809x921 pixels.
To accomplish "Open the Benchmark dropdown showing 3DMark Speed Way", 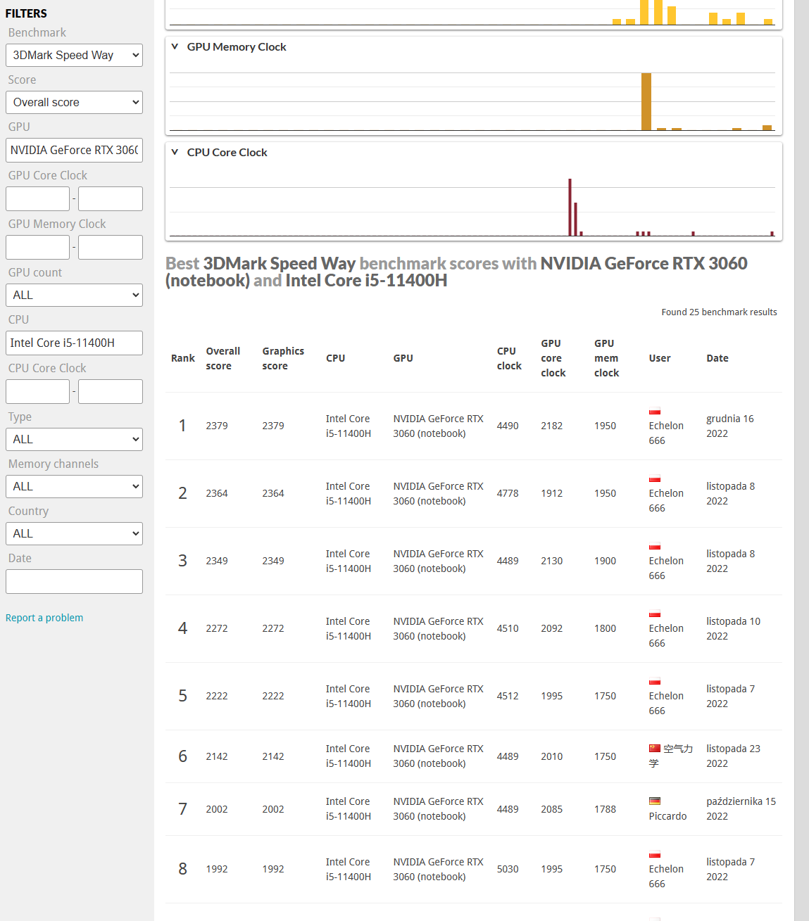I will pos(74,55).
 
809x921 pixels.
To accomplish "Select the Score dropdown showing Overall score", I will pos(74,102).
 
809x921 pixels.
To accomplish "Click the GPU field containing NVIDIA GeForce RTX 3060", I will pos(74,150).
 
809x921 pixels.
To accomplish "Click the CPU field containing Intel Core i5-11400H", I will pos(74,343).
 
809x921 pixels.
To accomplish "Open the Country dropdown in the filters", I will pos(74,533).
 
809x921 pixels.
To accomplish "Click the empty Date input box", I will pos(74,581).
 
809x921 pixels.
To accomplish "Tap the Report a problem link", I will pos(44,618).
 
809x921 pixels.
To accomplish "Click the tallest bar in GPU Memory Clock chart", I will pos(646,102).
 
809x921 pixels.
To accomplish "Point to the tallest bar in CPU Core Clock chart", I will pos(570,208).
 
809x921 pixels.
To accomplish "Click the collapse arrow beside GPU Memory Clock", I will pos(175,46).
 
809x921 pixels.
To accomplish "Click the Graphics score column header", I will pos(283,358).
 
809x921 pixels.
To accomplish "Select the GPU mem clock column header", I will pos(606,358).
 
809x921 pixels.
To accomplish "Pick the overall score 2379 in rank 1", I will pos(217,426).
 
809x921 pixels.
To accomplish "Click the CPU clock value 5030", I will pos(508,869).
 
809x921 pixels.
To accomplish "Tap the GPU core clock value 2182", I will pos(551,426).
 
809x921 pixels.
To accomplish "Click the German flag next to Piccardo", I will pos(655,801).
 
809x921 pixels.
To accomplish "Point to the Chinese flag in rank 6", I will pos(655,748).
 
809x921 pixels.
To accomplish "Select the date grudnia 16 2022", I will pos(729,426).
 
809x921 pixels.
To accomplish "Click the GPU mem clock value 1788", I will pos(605,809).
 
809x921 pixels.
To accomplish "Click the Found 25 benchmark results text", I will pos(719,312).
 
